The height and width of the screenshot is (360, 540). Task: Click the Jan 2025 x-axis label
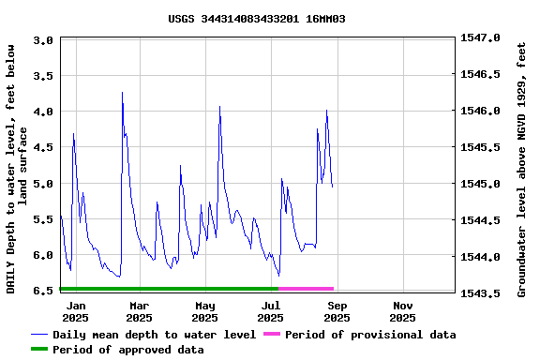(76, 311)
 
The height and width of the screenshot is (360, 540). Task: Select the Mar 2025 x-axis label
(139, 311)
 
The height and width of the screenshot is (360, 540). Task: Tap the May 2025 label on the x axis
(205, 311)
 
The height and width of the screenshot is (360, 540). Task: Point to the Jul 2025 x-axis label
(271, 311)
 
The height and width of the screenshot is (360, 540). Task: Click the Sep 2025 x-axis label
(337, 311)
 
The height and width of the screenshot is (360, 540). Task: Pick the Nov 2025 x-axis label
(403, 311)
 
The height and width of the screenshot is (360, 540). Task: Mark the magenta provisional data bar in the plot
(306, 288)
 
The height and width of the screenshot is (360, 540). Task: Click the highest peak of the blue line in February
(122, 93)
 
